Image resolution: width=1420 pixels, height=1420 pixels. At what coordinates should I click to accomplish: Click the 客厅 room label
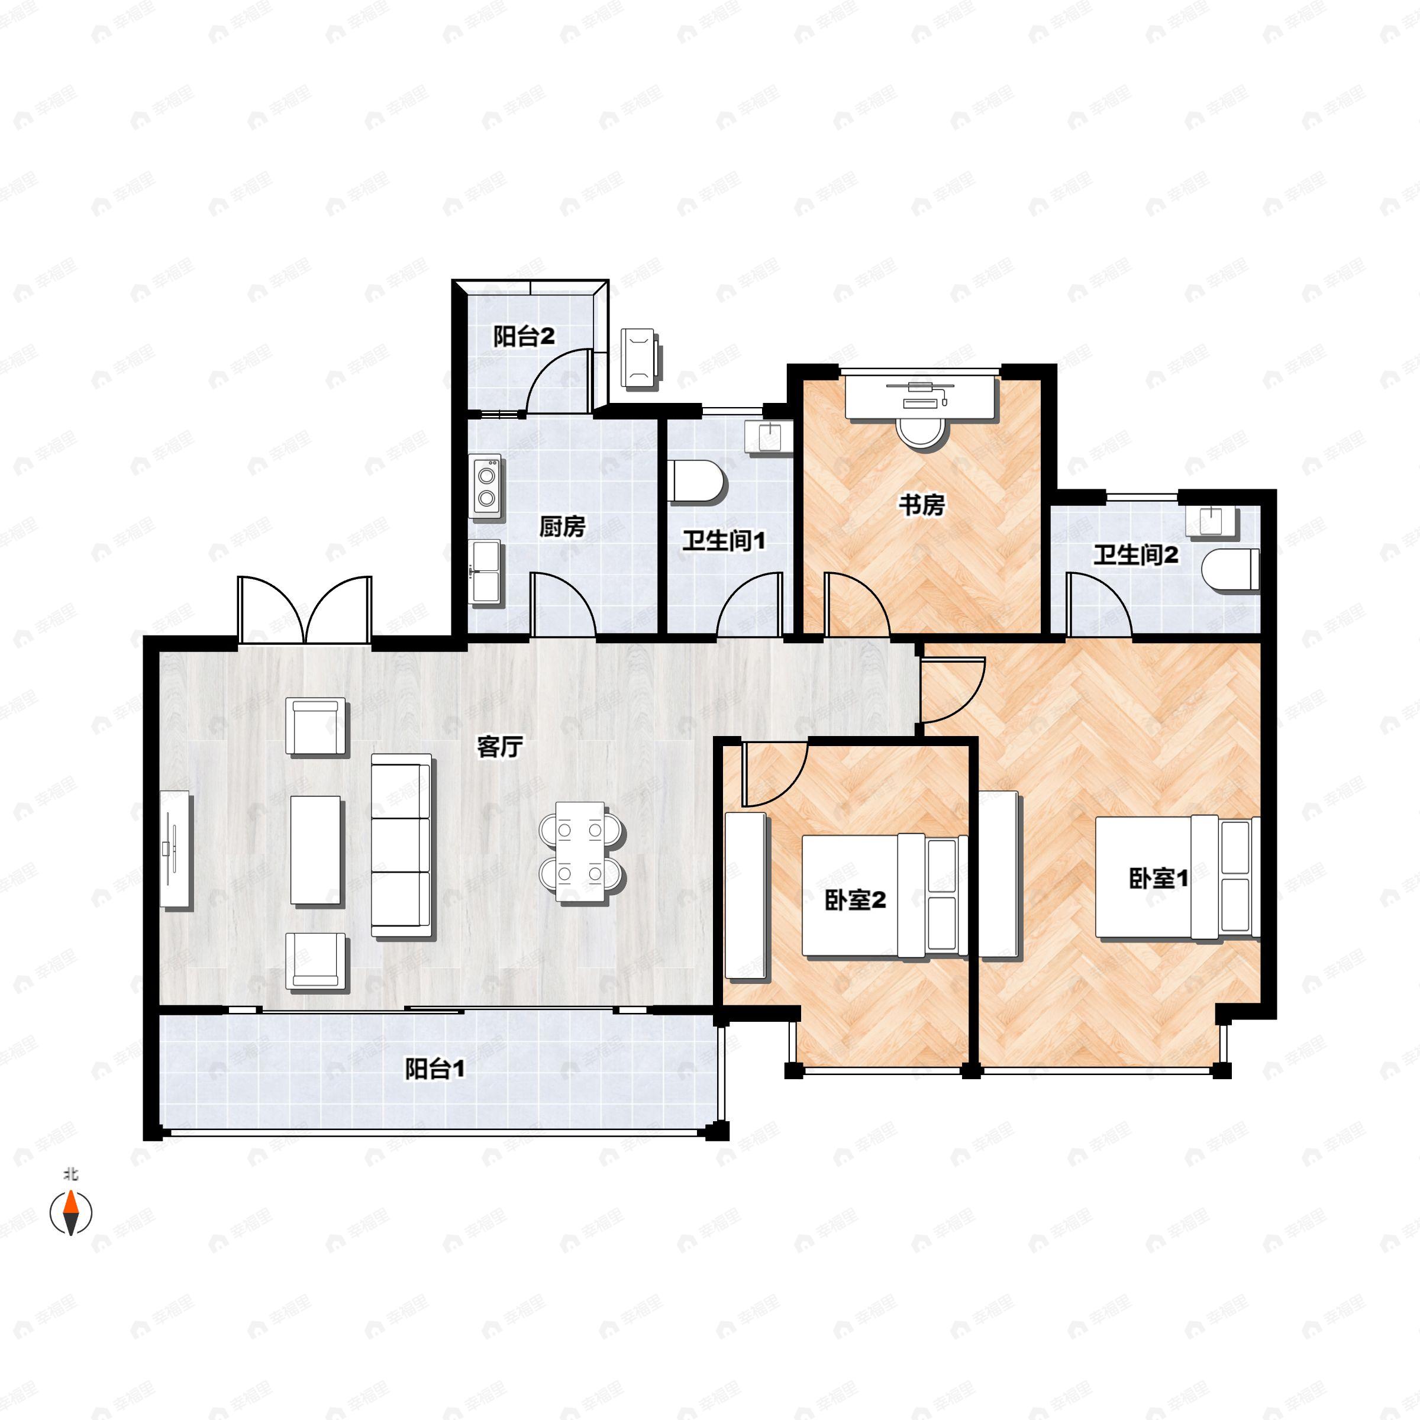tap(500, 747)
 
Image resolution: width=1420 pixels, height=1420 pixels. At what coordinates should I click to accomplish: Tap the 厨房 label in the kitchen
tap(562, 526)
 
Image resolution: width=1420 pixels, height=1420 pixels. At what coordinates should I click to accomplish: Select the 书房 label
tap(922, 505)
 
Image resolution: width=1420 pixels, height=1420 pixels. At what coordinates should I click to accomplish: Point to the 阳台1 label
tap(434, 1069)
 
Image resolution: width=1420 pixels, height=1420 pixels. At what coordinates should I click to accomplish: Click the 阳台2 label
tap(523, 337)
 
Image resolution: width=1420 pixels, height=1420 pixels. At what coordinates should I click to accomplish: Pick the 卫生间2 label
tap(1135, 555)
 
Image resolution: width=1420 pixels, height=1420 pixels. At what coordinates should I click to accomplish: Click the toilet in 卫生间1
tap(697, 482)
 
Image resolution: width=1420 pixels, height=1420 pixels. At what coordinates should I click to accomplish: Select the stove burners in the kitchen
tap(486, 486)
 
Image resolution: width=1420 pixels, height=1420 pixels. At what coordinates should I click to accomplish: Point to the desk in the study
tap(920, 401)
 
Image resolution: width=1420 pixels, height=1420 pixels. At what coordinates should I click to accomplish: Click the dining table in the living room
tap(580, 851)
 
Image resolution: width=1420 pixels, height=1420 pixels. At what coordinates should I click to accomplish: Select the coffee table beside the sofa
tap(317, 850)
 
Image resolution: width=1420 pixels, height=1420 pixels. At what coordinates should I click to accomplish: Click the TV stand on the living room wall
tap(176, 849)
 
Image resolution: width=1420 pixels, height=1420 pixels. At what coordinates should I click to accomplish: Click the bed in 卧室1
tap(1176, 877)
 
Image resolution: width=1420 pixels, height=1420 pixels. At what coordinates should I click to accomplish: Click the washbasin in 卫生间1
tap(769, 436)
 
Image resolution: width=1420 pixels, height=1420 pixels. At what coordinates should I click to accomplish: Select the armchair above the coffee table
tap(317, 727)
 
